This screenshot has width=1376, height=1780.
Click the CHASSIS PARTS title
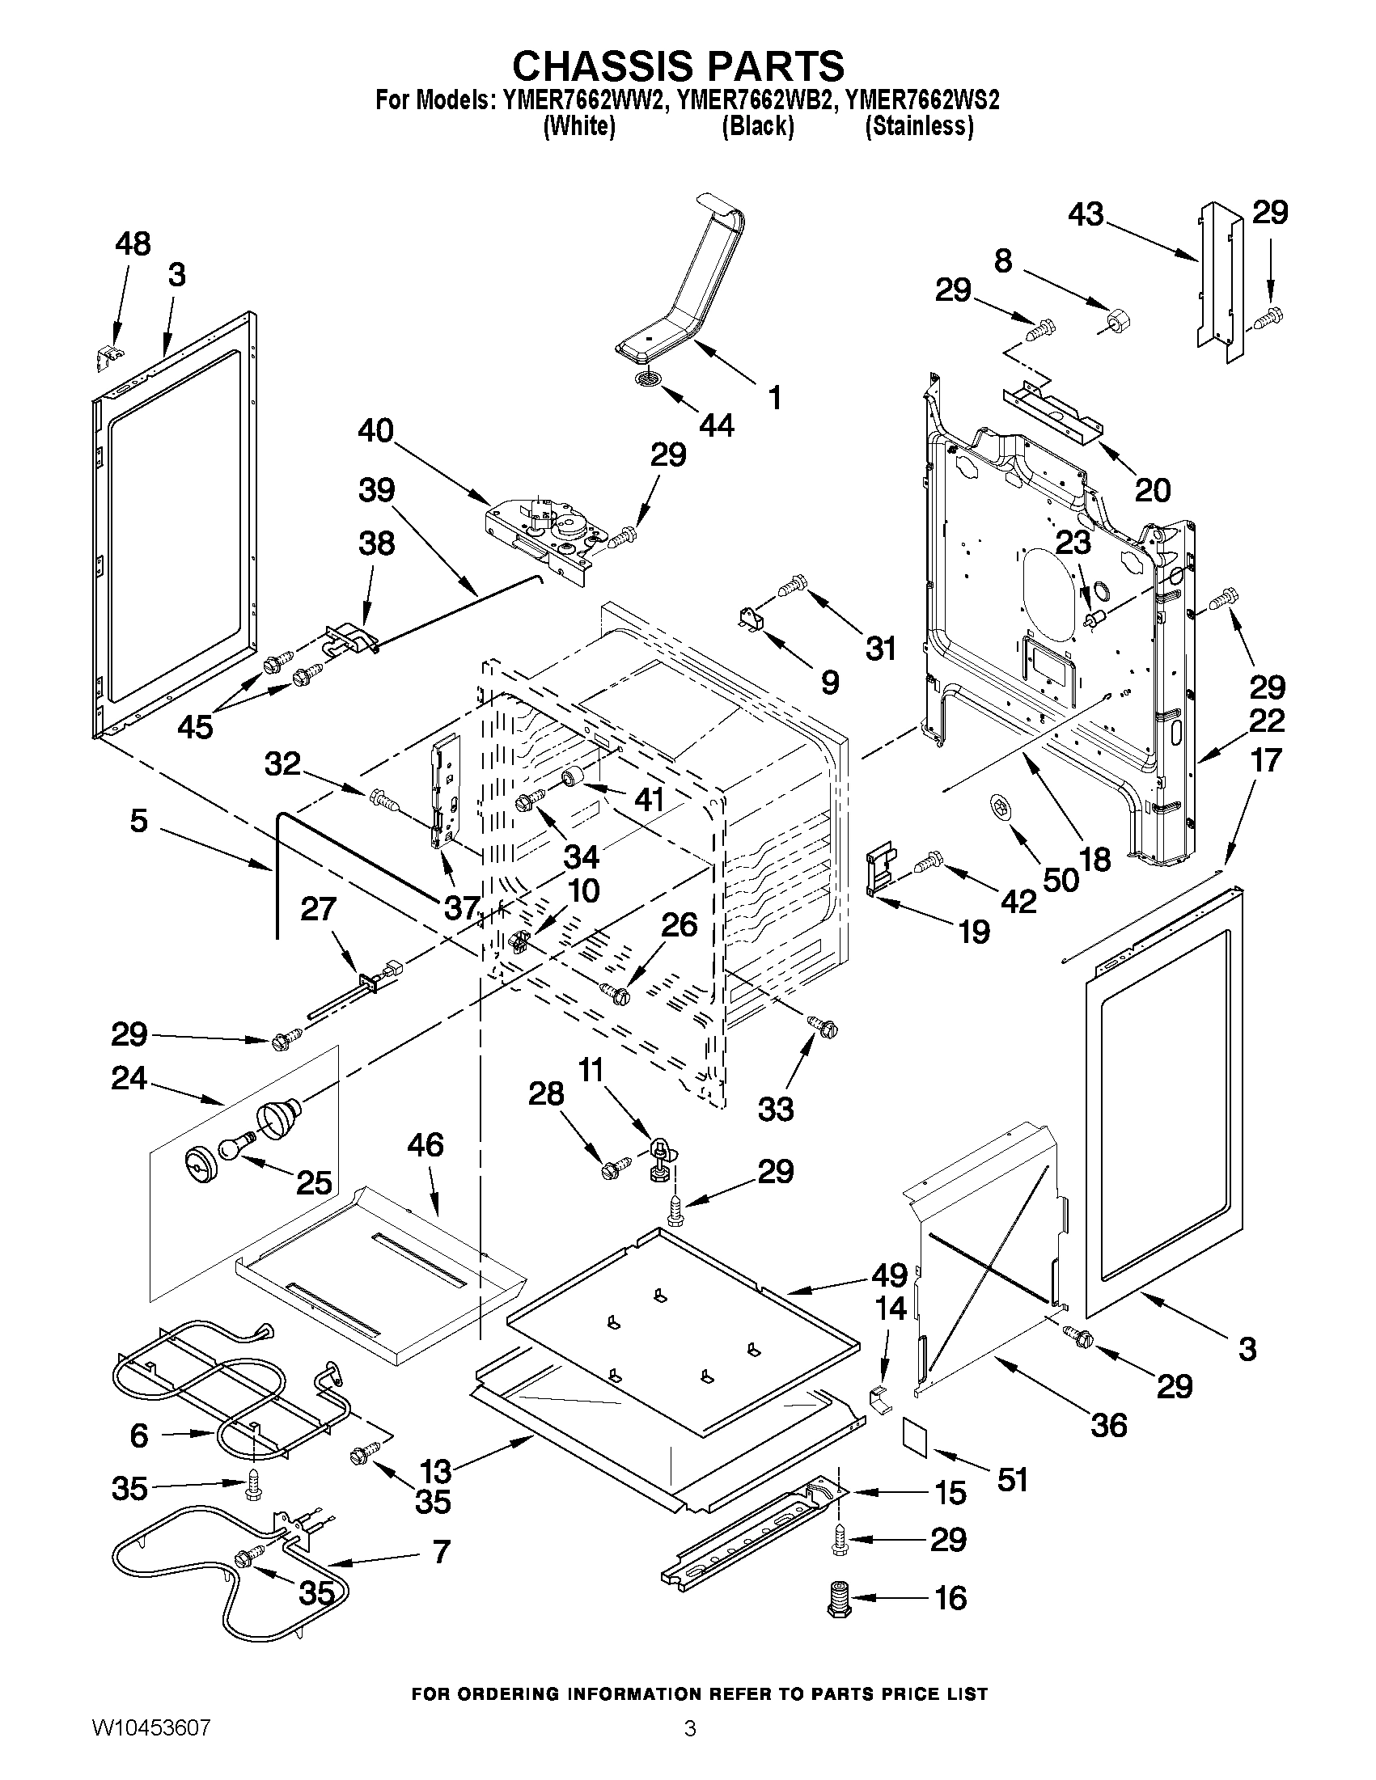[x=678, y=66]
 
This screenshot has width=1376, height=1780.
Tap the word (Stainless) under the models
[x=919, y=127]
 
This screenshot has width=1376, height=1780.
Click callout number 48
[x=133, y=243]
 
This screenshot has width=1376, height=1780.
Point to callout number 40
[x=375, y=431]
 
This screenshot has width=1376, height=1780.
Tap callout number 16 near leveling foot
[x=950, y=1598]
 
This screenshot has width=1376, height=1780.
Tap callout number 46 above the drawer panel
[x=425, y=1145]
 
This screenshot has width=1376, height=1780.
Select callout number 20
[x=1153, y=490]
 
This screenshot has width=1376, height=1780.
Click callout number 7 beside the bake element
[x=441, y=1551]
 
